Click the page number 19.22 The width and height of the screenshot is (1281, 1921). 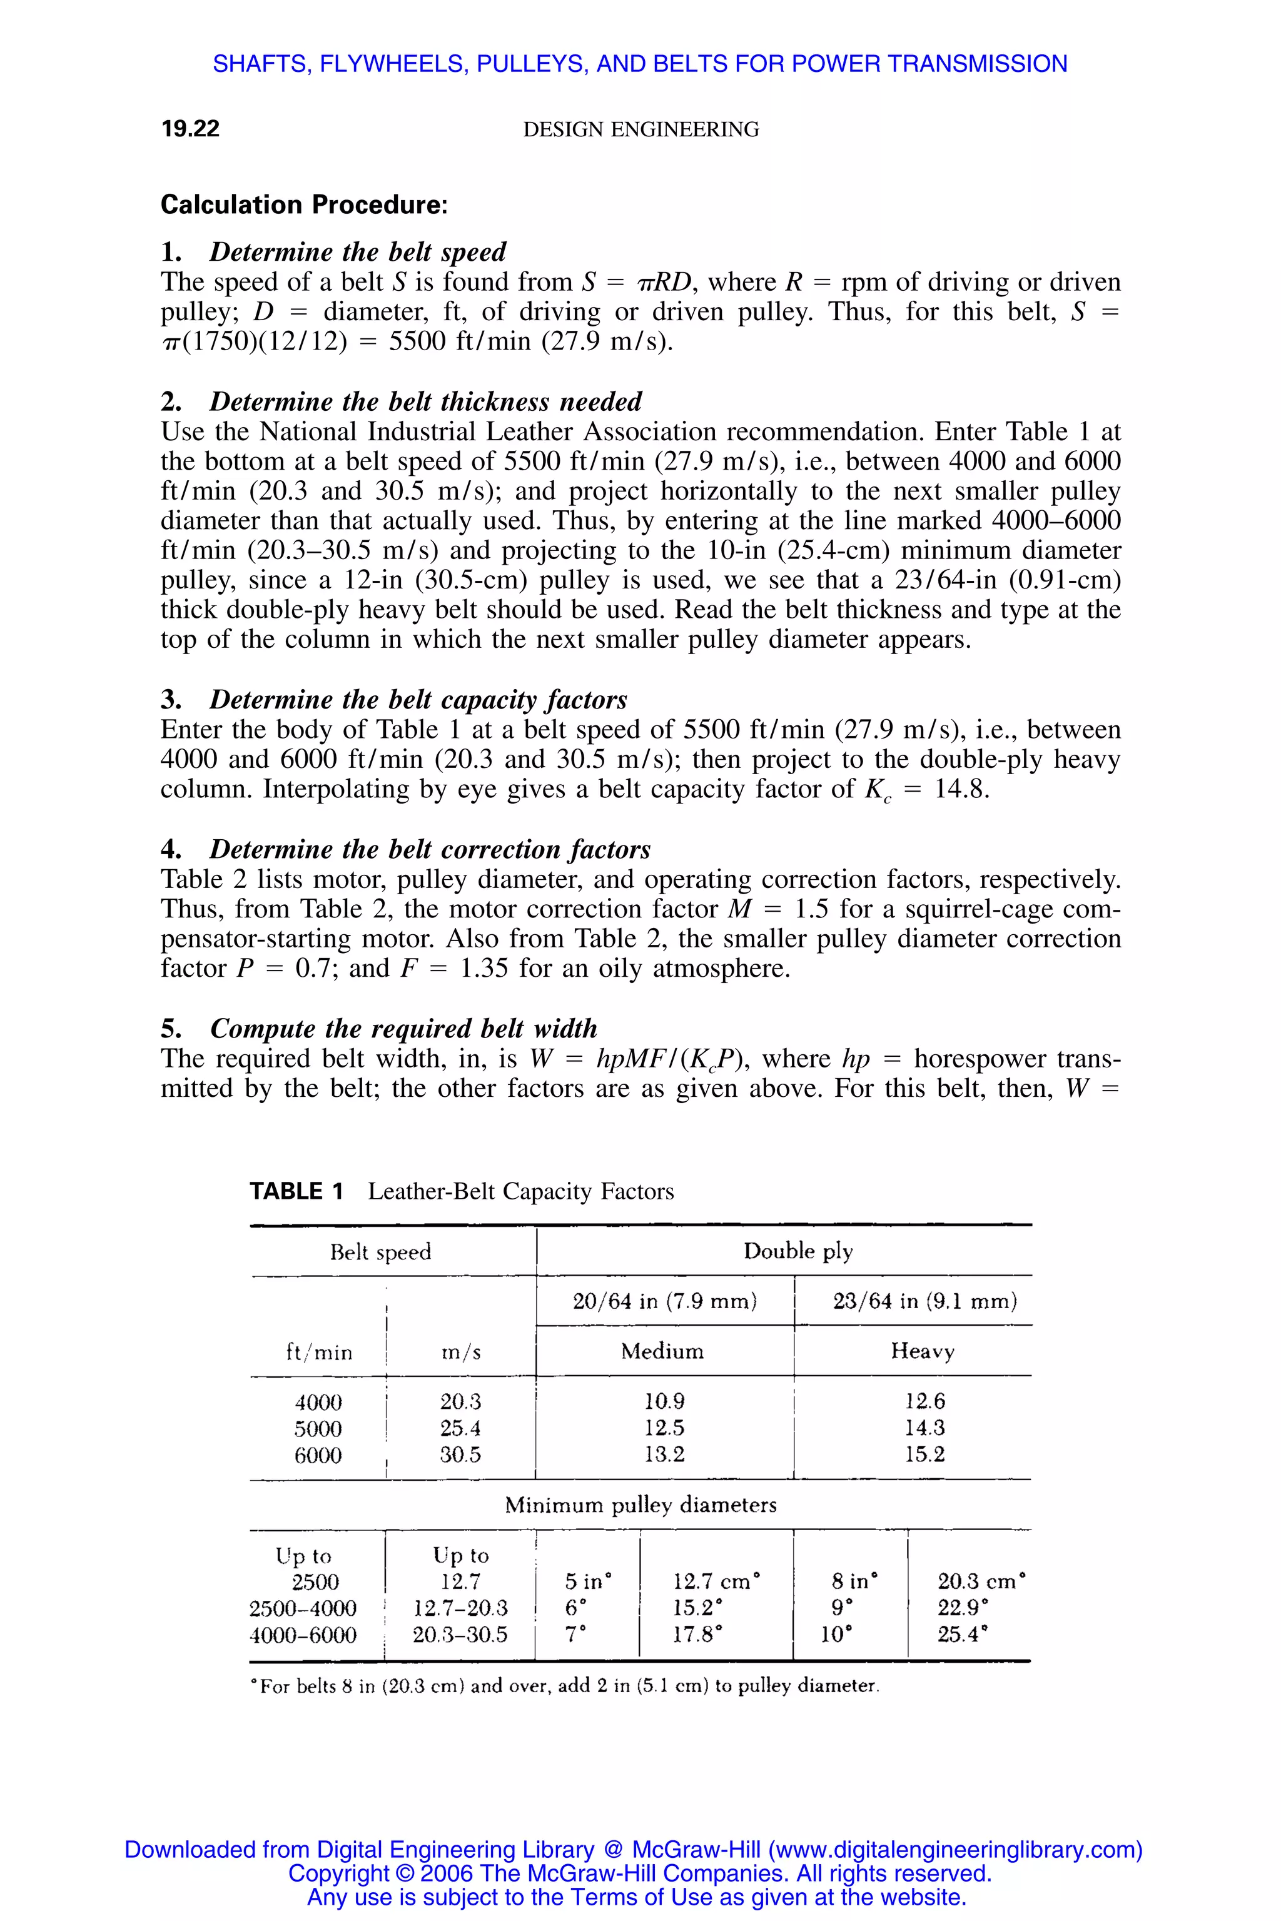click(x=190, y=129)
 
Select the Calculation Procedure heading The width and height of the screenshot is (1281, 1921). click(x=304, y=204)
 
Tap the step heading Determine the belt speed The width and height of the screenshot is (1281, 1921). click(x=357, y=251)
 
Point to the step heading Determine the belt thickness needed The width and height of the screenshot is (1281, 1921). click(x=425, y=402)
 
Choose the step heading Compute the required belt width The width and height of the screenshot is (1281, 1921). click(x=403, y=1028)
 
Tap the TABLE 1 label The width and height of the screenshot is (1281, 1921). click(x=296, y=1192)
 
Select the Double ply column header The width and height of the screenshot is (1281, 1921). click(x=797, y=1251)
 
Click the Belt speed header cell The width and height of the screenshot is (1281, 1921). click(x=381, y=1252)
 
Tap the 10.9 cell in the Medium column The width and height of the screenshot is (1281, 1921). click(x=664, y=1401)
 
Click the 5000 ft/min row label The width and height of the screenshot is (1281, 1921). click(x=318, y=1428)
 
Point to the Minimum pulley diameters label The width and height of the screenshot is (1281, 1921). click(x=640, y=1505)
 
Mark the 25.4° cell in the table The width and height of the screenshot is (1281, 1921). click(x=961, y=1635)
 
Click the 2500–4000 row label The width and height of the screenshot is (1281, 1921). click(x=303, y=1608)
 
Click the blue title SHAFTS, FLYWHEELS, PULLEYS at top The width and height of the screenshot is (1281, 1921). click(x=640, y=64)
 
